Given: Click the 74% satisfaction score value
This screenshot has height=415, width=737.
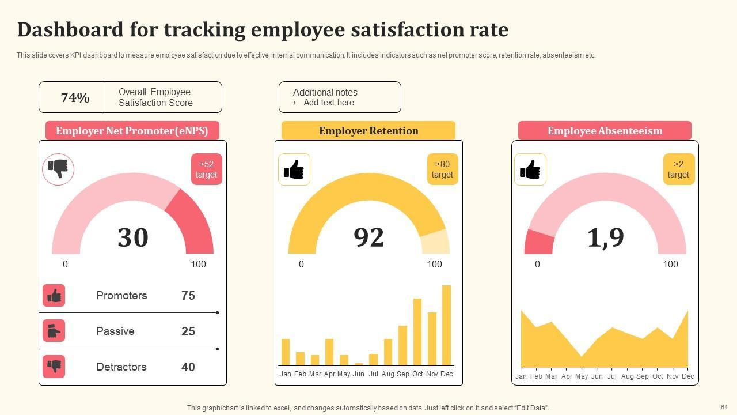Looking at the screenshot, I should pyautogui.click(x=75, y=97).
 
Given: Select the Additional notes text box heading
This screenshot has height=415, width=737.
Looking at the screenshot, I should pyautogui.click(x=325, y=92).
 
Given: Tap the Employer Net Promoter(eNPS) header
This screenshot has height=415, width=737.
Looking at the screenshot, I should pyautogui.click(x=132, y=131).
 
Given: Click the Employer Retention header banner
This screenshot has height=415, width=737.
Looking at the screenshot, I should pyautogui.click(x=368, y=131).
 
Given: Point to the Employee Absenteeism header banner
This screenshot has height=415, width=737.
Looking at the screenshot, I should pyautogui.click(x=605, y=131).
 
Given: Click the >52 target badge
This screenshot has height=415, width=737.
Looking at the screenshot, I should pyautogui.click(x=206, y=169).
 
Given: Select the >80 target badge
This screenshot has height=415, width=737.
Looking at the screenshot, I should pyautogui.click(x=442, y=169).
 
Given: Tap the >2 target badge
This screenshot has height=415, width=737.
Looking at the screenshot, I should pyautogui.click(x=678, y=169).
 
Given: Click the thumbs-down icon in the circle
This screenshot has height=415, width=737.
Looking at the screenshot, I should pyautogui.click(x=58, y=169).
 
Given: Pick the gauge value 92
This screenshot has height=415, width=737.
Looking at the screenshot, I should pyautogui.click(x=368, y=237).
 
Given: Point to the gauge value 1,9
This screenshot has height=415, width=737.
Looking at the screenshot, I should pyautogui.click(x=605, y=237).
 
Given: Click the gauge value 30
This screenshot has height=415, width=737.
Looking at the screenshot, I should pyautogui.click(x=132, y=237).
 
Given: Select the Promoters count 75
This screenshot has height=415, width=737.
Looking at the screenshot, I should pyautogui.click(x=188, y=296).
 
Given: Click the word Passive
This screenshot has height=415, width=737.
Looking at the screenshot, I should pyautogui.click(x=115, y=331).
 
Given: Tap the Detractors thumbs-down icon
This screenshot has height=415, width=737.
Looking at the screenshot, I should pyautogui.click(x=54, y=367).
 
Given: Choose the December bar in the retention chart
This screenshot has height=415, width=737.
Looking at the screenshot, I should pyautogui.click(x=446, y=325).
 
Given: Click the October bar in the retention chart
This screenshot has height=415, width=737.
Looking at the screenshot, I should pyautogui.click(x=417, y=332).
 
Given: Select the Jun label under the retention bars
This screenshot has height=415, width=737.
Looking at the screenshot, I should pyautogui.click(x=359, y=374).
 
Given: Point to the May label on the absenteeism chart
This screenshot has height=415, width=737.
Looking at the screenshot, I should pyautogui.click(x=582, y=376).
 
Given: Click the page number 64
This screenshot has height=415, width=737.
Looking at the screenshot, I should pyautogui.click(x=724, y=407).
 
